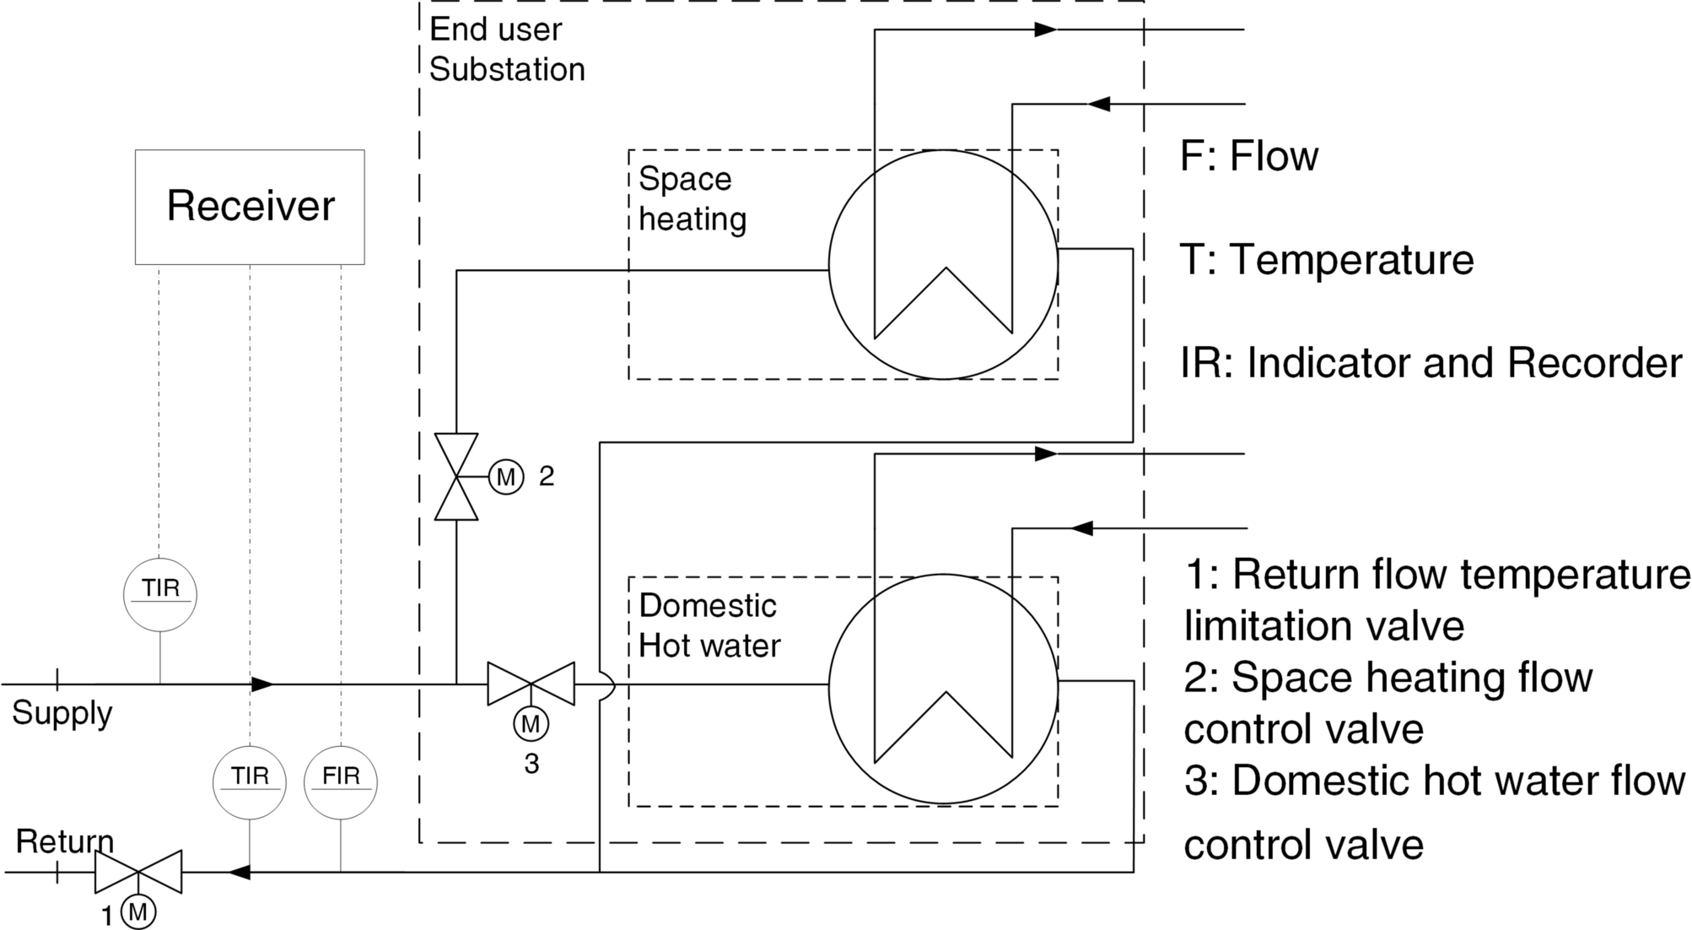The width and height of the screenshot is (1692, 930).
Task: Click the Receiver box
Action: pos(250,207)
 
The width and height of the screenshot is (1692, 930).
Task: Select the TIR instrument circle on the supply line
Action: pos(160,594)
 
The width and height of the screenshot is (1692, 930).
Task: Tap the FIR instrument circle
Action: pos(341,782)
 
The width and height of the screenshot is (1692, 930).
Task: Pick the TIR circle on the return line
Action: pos(250,782)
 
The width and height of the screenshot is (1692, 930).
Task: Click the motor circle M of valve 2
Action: pos(506,477)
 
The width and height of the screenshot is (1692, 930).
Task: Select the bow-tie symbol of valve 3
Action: pos(531,684)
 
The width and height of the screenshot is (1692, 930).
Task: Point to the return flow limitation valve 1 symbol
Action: pos(138,872)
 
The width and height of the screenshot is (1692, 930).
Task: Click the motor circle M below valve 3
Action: pos(531,724)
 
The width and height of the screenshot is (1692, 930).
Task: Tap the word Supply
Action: pos(62,713)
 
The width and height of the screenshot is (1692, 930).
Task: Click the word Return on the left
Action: pos(64,841)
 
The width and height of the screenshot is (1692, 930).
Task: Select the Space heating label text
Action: pos(692,199)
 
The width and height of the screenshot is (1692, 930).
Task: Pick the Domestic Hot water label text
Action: pos(709,625)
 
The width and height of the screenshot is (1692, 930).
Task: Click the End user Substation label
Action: pos(506,49)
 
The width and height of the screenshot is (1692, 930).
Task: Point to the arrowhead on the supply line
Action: pos(262,684)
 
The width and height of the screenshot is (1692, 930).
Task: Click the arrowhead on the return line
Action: pos(240,872)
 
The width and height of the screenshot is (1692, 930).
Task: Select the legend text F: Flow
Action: pos(1248,156)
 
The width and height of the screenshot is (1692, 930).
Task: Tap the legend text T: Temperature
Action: pos(1327,259)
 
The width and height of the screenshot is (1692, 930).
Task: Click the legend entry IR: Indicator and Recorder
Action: pos(1431,363)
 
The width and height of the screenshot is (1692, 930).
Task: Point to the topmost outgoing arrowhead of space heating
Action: pos(1046,30)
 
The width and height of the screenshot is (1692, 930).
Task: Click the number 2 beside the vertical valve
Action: pos(547,477)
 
